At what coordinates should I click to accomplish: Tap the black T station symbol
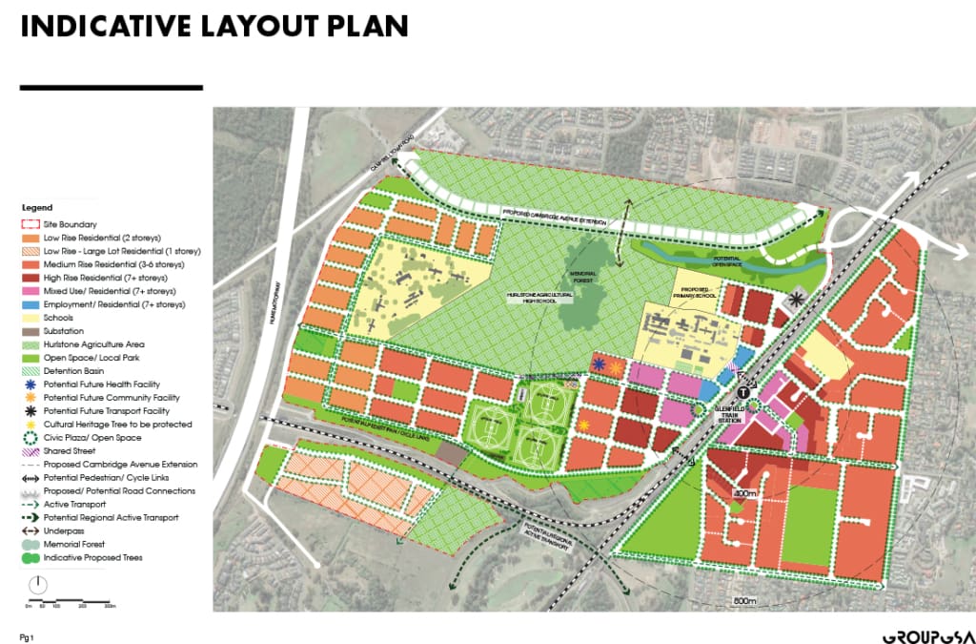tap(743, 391)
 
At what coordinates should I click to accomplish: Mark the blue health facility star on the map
tap(599, 365)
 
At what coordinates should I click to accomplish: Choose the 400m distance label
tap(744, 493)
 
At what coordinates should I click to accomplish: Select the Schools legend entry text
tap(59, 317)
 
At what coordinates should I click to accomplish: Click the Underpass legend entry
tap(61, 530)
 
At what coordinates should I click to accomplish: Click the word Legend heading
tap(38, 207)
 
